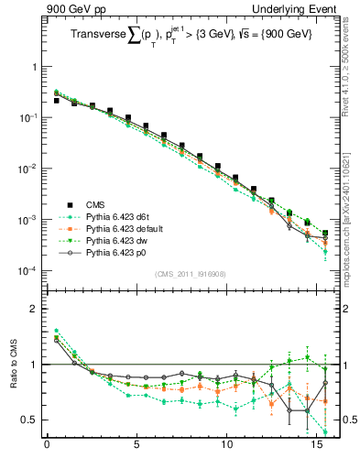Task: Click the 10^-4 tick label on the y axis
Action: (25, 272)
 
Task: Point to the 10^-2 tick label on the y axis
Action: (25, 169)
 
